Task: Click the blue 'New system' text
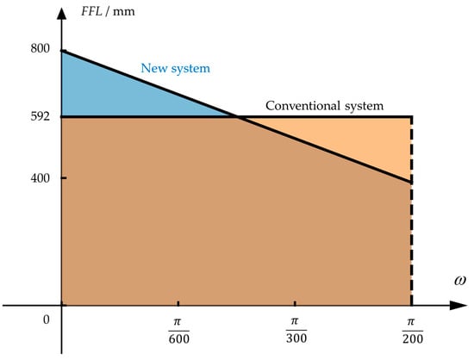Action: point(176,67)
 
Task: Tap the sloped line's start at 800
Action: point(63,51)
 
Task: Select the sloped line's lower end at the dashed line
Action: point(411,182)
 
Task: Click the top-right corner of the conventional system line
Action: point(411,116)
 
